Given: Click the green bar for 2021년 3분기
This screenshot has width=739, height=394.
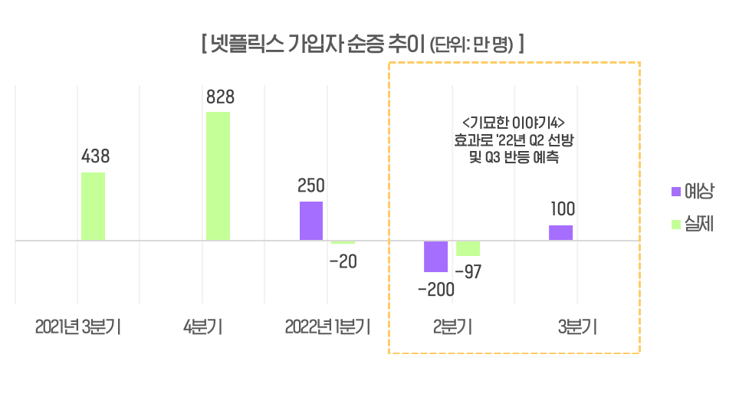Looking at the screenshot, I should (93, 206).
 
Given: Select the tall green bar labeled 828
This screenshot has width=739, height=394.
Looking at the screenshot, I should (218, 176).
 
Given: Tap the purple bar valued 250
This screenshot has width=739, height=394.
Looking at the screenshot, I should (311, 221).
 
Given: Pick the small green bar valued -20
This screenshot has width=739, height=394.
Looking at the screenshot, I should (343, 242).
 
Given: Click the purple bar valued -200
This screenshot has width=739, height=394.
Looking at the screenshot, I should (436, 256).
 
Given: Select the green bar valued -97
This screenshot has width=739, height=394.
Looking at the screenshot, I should (468, 248).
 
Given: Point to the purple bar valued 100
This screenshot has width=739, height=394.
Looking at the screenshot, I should (561, 232).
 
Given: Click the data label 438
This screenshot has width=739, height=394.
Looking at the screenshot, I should (96, 157).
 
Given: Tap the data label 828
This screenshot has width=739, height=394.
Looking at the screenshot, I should (220, 97).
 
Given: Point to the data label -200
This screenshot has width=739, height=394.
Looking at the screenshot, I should (435, 290).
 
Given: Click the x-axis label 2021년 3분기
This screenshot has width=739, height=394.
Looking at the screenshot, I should (78, 327).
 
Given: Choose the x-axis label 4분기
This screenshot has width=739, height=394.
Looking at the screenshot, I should (203, 327).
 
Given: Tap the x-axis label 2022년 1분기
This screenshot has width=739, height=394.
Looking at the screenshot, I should (327, 327).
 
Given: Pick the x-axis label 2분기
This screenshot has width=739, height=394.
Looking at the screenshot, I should (452, 327).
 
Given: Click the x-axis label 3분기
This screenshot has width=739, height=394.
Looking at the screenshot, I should (577, 327).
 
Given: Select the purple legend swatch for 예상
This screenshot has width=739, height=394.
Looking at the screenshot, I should (675, 191).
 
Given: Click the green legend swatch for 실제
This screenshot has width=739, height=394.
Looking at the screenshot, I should (675, 225).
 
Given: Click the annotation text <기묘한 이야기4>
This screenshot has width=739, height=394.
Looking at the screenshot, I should (514, 123).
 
